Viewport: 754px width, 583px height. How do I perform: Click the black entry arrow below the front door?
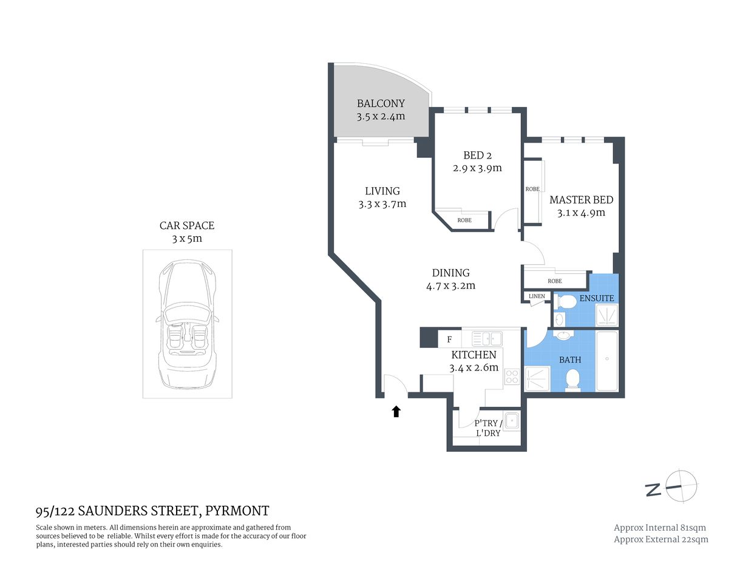coord(396,412)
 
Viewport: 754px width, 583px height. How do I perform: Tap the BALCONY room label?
coord(381,103)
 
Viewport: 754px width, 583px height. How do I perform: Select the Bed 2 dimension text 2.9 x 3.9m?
coord(477,168)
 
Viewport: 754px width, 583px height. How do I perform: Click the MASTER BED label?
coord(581,200)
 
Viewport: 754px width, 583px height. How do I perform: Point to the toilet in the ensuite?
coord(566,301)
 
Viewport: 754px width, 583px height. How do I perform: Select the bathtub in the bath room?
coord(607,361)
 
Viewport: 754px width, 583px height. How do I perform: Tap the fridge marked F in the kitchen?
coord(449,339)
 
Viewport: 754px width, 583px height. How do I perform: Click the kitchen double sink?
coord(487,338)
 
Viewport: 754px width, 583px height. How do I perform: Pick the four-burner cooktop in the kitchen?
coord(512,377)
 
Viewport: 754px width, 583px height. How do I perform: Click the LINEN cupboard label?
coord(537,296)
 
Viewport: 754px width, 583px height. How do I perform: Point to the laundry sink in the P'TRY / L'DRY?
coord(512,420)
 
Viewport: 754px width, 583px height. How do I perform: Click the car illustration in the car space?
coord(187,325)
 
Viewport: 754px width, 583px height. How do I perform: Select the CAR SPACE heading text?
coord(187,225)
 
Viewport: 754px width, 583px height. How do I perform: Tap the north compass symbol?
coord(681,486)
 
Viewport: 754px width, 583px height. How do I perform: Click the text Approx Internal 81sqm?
coord(660,528)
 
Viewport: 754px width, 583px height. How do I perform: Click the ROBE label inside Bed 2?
coord(464,220)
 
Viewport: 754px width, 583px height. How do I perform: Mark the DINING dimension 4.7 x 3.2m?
coord(450,286)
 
